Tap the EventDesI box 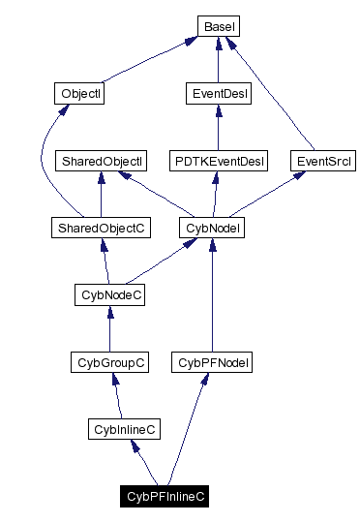pos(217,94)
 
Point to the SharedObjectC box pos(101,228)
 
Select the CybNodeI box pos(211,228)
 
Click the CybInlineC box pos(123,428)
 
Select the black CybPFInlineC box pos(166,495)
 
